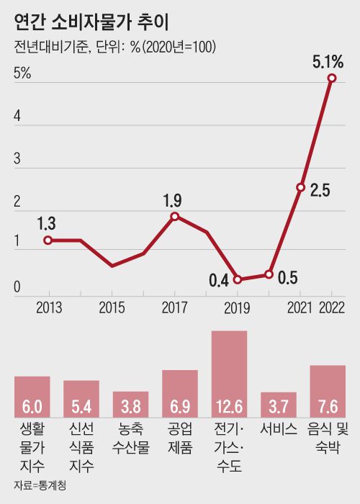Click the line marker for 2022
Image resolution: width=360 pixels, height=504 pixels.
332,78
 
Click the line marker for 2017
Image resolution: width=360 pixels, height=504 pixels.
175,216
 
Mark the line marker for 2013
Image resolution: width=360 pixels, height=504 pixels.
48,240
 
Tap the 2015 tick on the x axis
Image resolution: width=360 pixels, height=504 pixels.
112,308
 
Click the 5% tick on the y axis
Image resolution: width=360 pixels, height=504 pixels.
22,73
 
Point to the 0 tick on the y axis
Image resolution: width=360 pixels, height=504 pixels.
17,289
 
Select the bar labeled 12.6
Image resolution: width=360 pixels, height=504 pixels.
229,374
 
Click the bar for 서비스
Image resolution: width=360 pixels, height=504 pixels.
279,405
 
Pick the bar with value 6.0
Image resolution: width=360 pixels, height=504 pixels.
32,397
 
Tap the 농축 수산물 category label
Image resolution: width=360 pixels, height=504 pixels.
131,438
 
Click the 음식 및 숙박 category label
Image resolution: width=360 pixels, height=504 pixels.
328,438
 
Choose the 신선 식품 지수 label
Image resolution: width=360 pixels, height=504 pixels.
81,447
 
